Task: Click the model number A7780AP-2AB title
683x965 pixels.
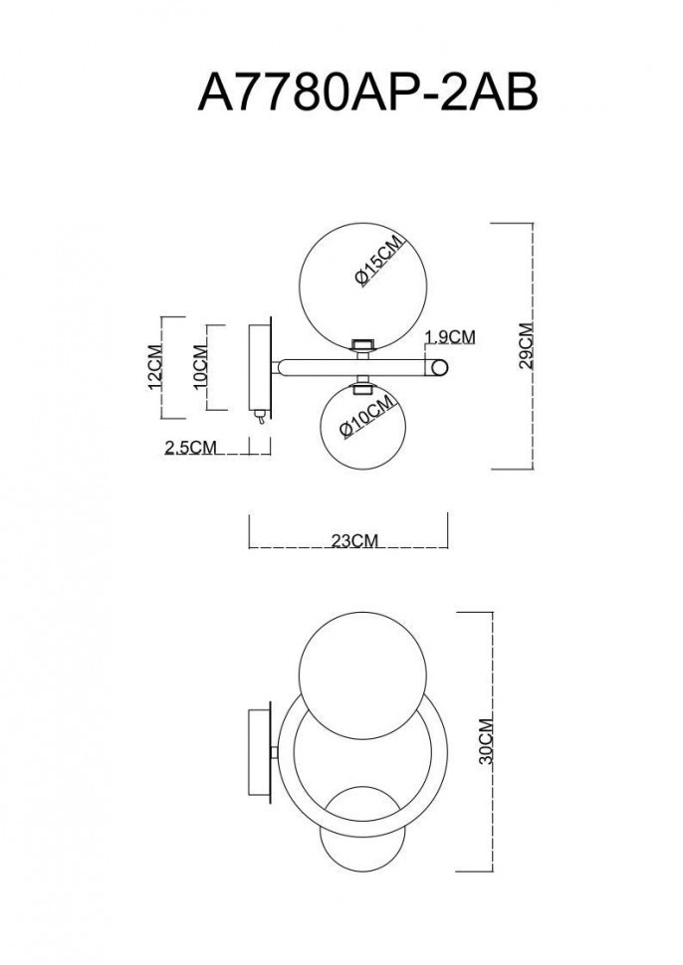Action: click(368, 96)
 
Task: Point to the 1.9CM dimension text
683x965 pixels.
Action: click(450, 336)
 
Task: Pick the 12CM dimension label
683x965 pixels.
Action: click(154, 368)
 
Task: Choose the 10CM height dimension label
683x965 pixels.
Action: click(200, 365)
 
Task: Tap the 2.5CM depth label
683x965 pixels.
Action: click(190, 448)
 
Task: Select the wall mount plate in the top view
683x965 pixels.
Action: click(258, 367)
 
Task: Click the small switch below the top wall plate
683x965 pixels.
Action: click(259, 419)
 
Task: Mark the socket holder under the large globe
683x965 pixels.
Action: click(363, 345)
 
